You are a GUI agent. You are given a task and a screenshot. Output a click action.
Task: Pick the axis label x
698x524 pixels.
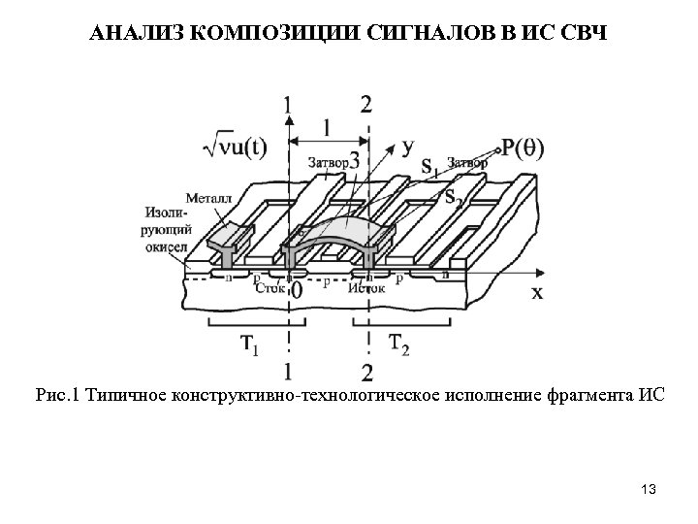coord(536,292)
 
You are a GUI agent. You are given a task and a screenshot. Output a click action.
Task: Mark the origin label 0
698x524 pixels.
coord(296,289)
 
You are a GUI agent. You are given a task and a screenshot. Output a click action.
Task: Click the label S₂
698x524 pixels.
coord(452,196)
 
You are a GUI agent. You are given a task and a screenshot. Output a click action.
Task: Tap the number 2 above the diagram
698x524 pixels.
coord(365,104)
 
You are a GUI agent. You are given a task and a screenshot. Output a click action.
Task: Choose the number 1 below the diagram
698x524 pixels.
coord(288,370)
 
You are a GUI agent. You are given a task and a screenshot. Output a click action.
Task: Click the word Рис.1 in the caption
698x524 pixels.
coord(59,395)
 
